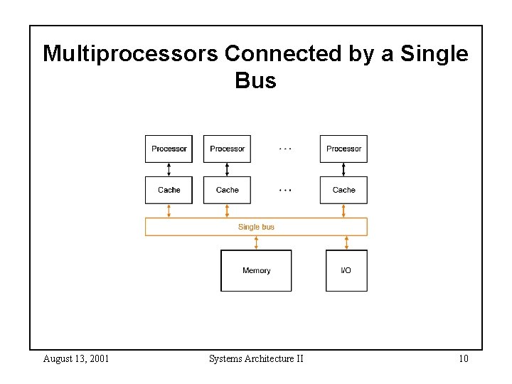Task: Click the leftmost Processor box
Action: (x=169, y=149)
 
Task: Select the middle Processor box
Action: (x=227, y=149)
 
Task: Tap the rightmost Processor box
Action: (x=343, y=149)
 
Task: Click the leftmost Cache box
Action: (x=169, y=190)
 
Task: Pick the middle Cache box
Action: (x=227, y=190)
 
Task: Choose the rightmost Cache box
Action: (x=343, y=190)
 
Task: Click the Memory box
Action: (x=256, y=270)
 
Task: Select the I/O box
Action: (x=346, y=270)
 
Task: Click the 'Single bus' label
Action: (x=256, y=227)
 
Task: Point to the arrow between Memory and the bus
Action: (x=256, y=243)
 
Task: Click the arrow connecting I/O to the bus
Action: (x=346, y=243)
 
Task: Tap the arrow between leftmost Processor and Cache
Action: (x=169, y=170)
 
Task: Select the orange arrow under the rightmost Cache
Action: (x=343, y=210)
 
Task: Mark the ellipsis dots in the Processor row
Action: (x=285, y=149)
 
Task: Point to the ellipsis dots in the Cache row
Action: (x=285, y=190)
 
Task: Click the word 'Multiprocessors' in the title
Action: (x=131, y=54)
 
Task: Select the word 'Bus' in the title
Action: (x=255, y=81)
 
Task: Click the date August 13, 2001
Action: (x=76, y=358)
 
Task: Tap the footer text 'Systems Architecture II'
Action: (x=256, y=358)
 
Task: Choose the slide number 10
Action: (x=463, y=358)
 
